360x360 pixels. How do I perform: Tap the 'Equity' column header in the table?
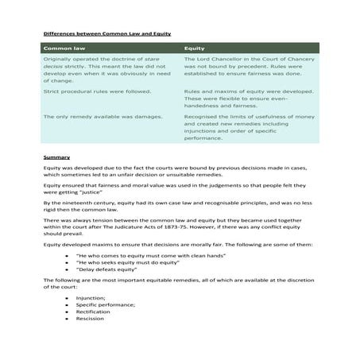(194, 48)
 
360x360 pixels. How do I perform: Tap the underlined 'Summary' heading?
(56, 157)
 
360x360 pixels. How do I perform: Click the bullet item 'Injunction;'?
(91, 298)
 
